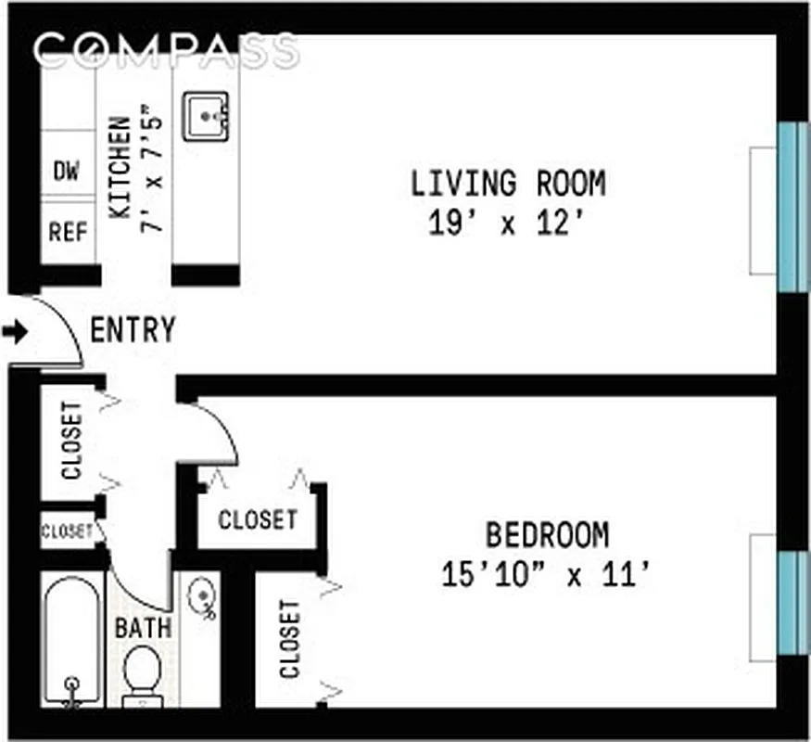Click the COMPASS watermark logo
tap(167, 50)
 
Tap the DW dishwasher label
tap(66, 171)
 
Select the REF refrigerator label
tap(68, 231)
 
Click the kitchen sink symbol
tap(206, 117)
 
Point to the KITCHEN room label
tap(120, 168)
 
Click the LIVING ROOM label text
tap(508, 184)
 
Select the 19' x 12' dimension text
tap(508, 224)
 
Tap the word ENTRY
tap(133, 329)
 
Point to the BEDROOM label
tap(548, 535)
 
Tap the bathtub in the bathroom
tap(72, 640)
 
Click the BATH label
tap(143, 627)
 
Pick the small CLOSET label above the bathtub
tap(67, 531)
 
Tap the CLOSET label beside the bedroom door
tap(258, 519)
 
